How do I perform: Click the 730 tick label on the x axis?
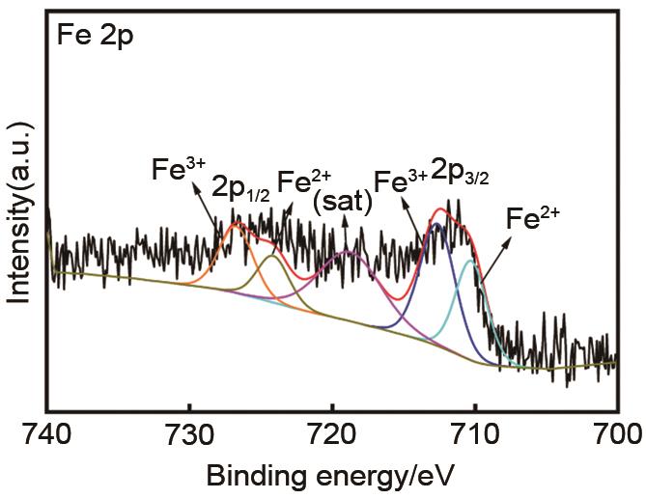[x=189, y=431]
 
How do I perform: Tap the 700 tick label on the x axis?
[x=615, y=431]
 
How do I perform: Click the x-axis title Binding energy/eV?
[x=329, y=475]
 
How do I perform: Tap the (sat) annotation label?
[x=339, y=204]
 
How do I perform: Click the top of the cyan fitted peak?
[x=470, y=261]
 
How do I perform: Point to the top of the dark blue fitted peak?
[x=437, y=224]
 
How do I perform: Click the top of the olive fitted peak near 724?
[x=272, y=257]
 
